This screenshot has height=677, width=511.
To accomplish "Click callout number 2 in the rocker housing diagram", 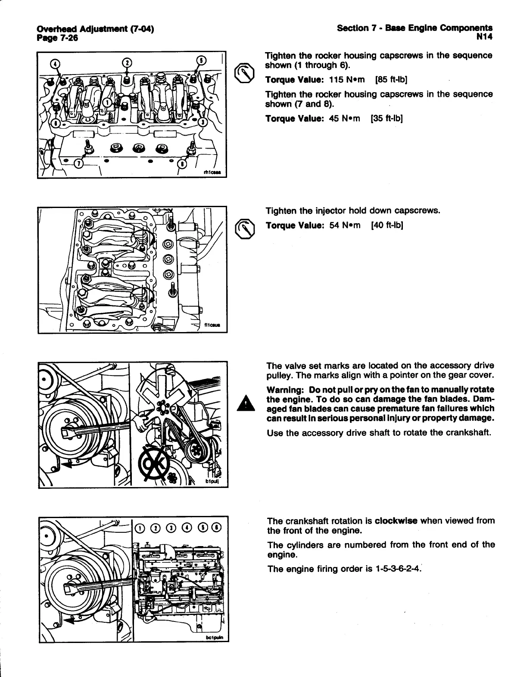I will click(127, 62).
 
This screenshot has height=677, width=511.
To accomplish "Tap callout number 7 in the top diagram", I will click(79, 164).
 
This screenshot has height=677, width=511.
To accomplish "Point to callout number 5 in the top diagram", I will click(201, 60).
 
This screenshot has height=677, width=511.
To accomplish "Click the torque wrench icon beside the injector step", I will click(244, 227).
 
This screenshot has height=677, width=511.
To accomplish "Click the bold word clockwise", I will click(396, 520).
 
